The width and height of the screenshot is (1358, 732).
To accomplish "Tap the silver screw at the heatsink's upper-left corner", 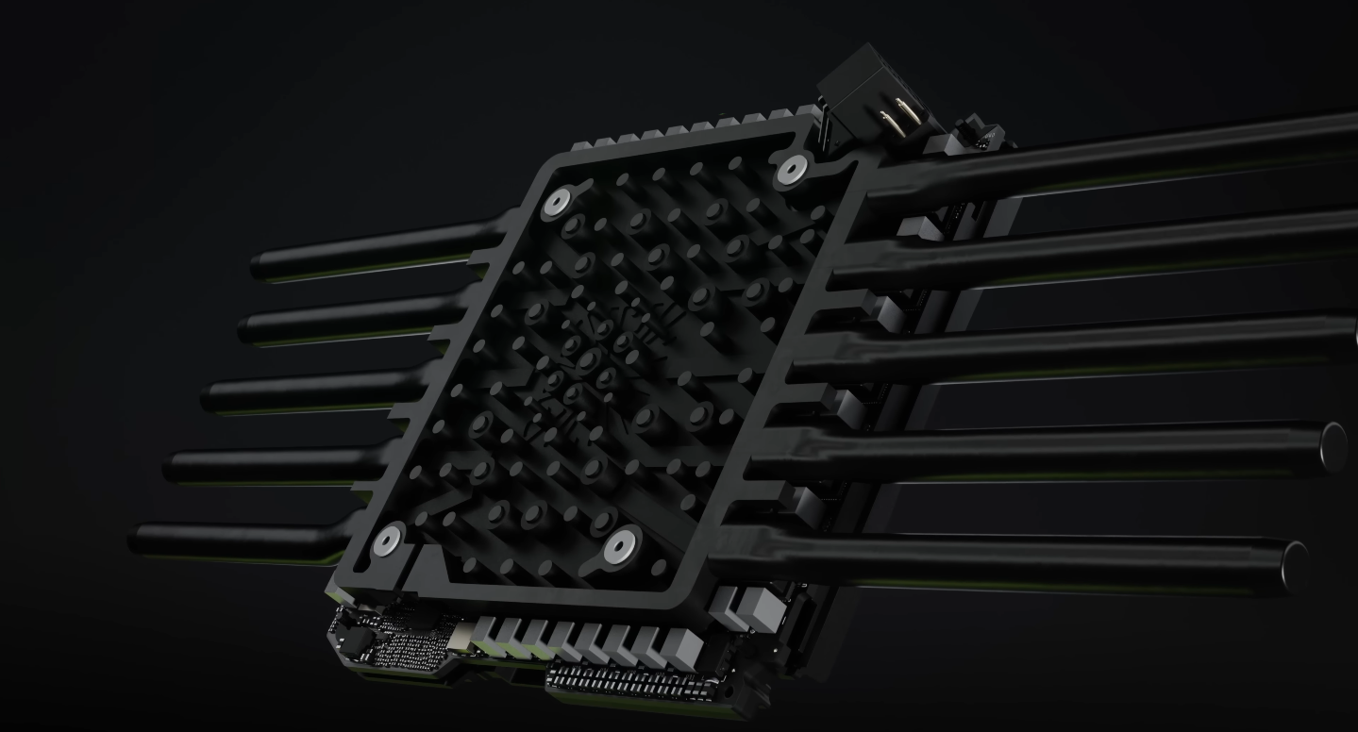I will [558, 200].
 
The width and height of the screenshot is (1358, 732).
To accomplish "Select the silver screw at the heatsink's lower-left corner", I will [387, 541].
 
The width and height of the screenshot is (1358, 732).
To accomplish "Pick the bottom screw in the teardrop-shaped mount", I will [622, 544].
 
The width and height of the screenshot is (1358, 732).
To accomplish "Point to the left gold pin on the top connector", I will [886, 120].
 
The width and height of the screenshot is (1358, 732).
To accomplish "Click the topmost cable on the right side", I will [1132, 156].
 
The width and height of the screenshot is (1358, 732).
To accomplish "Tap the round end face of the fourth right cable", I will [1334, 443].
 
